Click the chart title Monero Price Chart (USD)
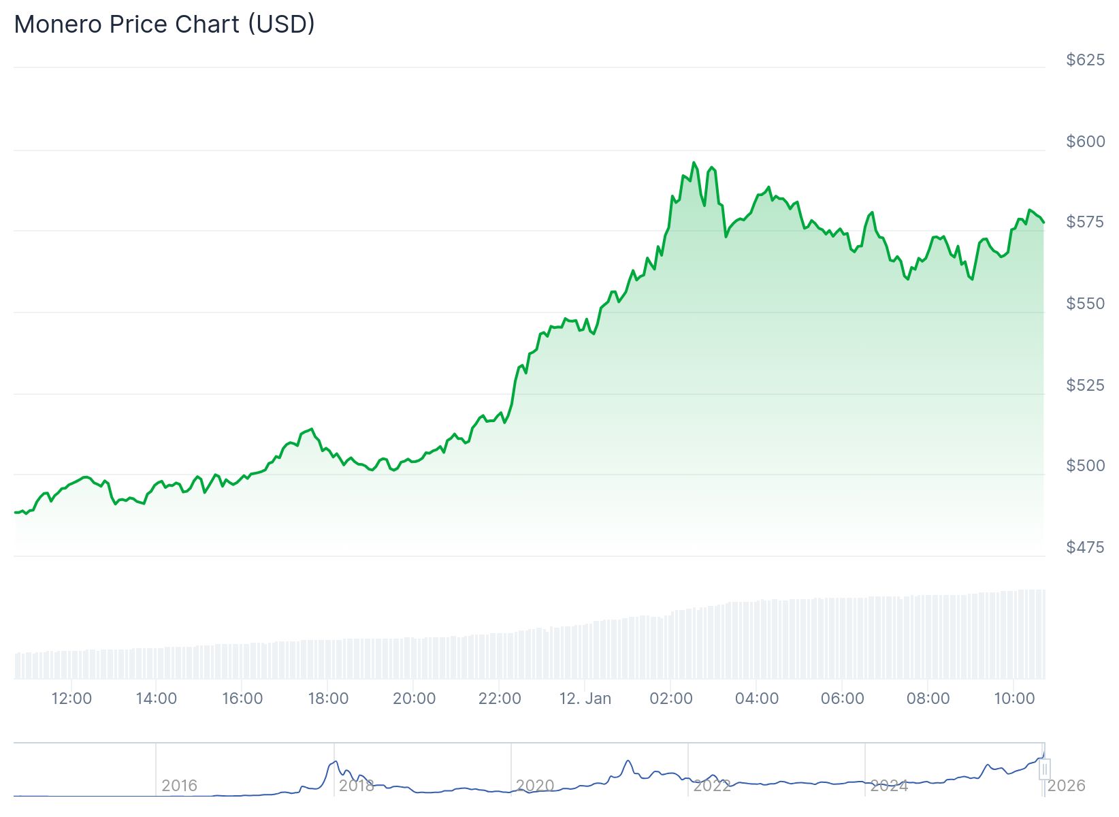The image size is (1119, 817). (164, 25)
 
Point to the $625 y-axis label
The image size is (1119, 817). (1085, 60)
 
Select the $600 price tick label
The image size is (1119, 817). (1085, 141)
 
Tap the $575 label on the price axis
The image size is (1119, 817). (1085, 222)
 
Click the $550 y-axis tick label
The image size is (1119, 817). (1085, 303)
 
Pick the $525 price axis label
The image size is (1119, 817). (1085, 385)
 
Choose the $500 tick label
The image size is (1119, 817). (1085, 466)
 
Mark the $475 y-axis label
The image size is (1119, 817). (1085, 547)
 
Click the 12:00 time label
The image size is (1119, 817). (71, 699)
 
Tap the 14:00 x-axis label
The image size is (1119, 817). (157, 699)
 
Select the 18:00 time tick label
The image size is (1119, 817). (328, 699)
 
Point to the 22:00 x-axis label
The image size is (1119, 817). (500, 699)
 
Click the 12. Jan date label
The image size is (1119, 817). (585, 699)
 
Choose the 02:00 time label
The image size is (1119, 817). (671, 699)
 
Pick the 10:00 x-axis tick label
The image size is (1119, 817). (1014, 699)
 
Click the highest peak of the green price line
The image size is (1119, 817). (694, 163)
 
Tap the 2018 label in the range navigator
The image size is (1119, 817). (356, 786)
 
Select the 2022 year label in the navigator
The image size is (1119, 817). (711, 786)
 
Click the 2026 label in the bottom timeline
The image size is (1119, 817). (1066, 786)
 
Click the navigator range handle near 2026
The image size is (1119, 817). (1044, 769)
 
